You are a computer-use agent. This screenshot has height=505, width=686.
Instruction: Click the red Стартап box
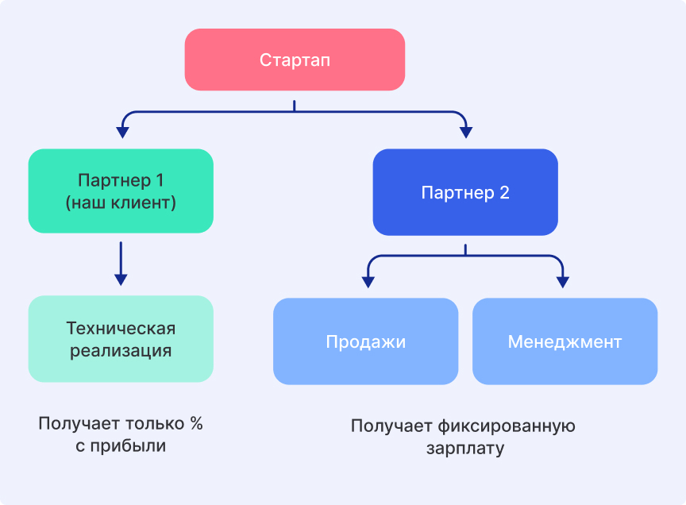(x=295, y=60)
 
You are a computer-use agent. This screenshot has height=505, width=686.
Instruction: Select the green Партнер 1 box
(x=121, y=191)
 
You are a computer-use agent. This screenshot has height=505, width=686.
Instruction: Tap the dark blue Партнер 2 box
(x=465, y=192)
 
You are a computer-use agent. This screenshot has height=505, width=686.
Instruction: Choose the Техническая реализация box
(x=121, y=339)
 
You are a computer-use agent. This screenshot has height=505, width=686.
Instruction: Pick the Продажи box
(x=365, y=341)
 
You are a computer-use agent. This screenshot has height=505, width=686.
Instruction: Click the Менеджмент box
(x=565, y=341)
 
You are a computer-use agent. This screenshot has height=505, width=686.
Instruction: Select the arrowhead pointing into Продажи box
(x=367, y=280)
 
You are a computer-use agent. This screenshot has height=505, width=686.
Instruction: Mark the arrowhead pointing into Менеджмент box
(x=563, y=280)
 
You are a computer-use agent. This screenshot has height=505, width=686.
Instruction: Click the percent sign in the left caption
(x=196, y=423)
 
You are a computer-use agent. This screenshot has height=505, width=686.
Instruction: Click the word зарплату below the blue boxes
(x=464, y=449)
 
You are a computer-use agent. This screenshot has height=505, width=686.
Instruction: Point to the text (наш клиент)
(x=121, y=202)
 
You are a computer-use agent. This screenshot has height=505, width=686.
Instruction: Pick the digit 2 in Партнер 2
(x=504, y=193)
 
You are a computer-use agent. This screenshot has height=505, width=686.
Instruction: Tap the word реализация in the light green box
(x=121, y=350)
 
